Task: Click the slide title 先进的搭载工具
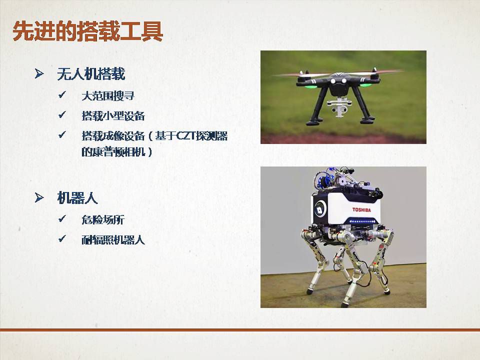pos(87,31)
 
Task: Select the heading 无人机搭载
pos(91,74)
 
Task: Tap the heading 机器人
pos(77,198)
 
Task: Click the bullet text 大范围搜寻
pos(108,96)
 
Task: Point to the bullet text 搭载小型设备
pos(113,116)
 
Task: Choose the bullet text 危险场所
pos(103,220)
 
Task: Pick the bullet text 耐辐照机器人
pos(113,239)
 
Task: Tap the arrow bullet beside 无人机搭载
pos(39,73)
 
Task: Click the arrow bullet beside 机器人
pos(39,197)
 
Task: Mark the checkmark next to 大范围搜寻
pos(62,95)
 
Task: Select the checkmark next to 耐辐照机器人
pos(62,238)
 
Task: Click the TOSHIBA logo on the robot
pos(361,209)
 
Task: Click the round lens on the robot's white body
pos(320,210)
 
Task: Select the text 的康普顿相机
pos(113,152)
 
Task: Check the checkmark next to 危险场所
pos(62,218)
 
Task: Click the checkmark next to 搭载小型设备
pos(62,115)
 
